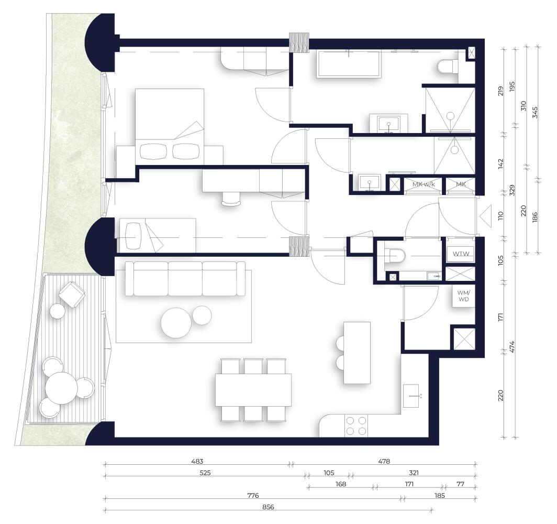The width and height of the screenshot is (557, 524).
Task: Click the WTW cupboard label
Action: point(461,254)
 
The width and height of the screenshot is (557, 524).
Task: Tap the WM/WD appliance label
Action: point(463,296)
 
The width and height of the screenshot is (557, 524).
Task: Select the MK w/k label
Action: point(424,184)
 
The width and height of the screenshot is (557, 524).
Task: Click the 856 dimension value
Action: point(268,507)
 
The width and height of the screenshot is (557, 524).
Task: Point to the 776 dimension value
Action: point(253,495)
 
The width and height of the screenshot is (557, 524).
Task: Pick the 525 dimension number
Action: point(205,473)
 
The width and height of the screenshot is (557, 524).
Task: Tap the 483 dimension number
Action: point(197,462)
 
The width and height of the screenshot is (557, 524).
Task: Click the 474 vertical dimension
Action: point(512,347)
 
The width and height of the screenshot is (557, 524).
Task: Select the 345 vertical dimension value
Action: point(536,112)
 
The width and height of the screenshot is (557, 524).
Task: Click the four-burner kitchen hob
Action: point(357,426)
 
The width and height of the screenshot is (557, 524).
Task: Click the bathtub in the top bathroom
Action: point(349,64)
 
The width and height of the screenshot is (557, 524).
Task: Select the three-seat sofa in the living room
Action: point(185,279)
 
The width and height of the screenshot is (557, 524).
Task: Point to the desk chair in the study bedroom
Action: point(231,199)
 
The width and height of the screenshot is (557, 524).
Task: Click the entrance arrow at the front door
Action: point(486,216)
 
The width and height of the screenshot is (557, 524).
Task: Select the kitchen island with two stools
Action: point(357,353)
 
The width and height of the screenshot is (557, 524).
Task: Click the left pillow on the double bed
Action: point(153,151)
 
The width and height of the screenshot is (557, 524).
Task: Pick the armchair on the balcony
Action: point(72,294)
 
